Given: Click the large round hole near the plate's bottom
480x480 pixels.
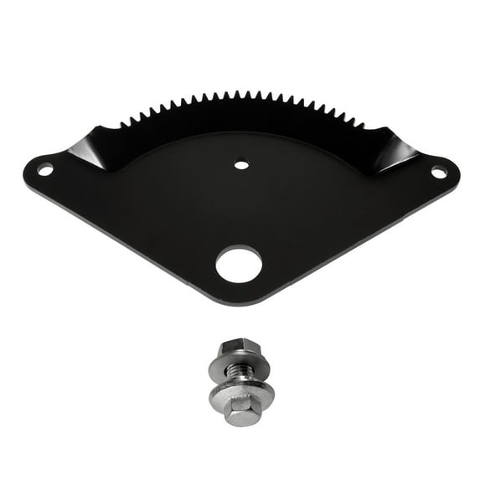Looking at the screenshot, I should [x=239, y=265].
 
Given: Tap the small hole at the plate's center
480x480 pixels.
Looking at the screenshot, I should [x=241, y=164].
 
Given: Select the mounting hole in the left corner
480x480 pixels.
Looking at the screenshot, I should [x=45, y=170].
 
